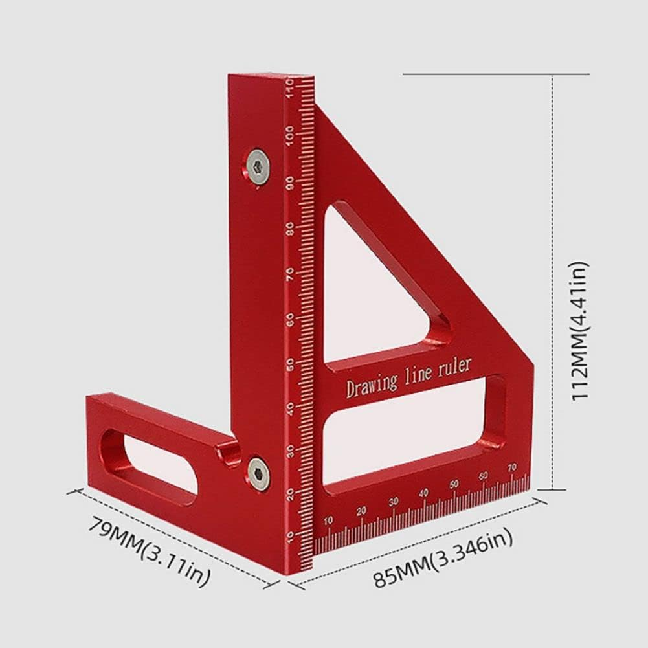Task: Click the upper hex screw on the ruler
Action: coord(258,168)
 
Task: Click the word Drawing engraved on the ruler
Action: coord(372,385)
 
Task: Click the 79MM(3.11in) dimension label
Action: coord(149,552)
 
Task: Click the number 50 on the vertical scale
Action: coord(290,363)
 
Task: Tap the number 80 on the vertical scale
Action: coord(290,228)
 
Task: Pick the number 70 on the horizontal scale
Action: coord(511,467)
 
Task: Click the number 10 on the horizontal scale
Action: coord(328,520)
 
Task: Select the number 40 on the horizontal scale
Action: coord(423,493)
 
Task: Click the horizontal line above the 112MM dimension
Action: coord(496,74)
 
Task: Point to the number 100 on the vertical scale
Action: coord(289,133)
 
